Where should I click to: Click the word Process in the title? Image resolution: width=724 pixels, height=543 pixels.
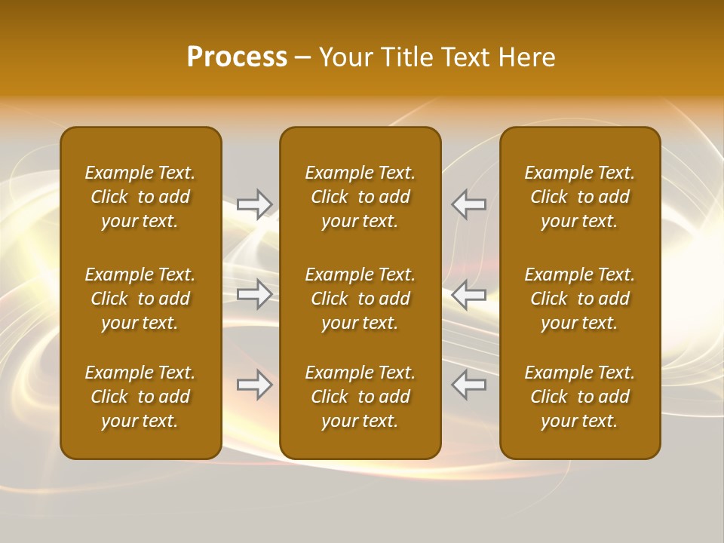(x=237, y=57)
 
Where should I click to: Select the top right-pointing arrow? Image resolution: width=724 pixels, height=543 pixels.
(x=255, y=204)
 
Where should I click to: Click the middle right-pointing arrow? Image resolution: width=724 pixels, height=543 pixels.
(x=255, y=294)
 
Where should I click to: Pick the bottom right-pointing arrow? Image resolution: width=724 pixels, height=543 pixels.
(x=255, y=385)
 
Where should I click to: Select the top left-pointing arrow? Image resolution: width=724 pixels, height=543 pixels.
(x=468, y=204)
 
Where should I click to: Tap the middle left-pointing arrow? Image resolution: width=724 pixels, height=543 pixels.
(x=468, y=294)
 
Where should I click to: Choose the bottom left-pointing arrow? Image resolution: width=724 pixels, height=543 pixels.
(x=468, y=385)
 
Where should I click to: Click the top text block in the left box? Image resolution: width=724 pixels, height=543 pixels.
(x=140, y=197)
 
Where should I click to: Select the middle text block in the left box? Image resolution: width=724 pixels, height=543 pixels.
(x=140, y=299)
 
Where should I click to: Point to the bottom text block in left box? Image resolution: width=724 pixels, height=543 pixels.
(x=140, y=397)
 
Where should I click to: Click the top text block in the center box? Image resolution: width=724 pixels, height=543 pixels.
(x=360, y=197)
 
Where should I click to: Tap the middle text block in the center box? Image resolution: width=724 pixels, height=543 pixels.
(x=360, y=299)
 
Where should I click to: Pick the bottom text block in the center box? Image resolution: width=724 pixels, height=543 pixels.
(x=360, y=397)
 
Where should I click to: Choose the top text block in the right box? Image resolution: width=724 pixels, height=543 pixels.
(x=579, y=197)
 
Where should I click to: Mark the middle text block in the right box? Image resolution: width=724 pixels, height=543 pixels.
(x=579, y=299)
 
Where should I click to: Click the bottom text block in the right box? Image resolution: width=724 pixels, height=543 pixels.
(x=579, y=397)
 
